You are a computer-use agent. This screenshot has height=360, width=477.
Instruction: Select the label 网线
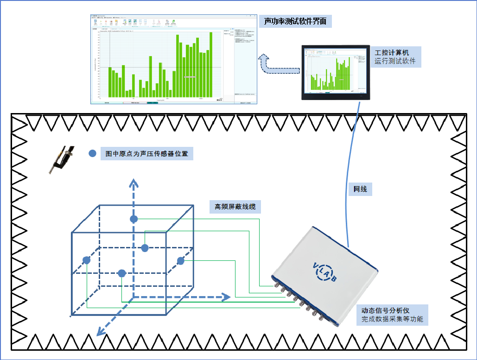[x=360, y=189]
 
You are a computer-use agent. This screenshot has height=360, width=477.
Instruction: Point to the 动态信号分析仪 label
[x=385, y=310]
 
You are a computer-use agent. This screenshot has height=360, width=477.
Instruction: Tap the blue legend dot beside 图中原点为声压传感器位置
[x=93, y=153]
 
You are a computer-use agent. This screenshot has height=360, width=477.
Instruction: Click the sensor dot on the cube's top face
[x=134, y=219]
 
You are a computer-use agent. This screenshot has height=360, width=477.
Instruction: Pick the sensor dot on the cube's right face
[x=181, y=261]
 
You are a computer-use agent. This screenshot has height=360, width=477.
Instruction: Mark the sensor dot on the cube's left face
[x=86, y=260]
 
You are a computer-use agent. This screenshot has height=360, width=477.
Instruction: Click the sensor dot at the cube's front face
[x=122, y=273]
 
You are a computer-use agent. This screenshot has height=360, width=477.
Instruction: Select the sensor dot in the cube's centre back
[x=145, y=248]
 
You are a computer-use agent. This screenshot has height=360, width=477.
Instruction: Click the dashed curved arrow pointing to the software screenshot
[x=278, y=67]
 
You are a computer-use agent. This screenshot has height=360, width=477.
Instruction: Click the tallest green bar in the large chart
[x=210, y=65]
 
